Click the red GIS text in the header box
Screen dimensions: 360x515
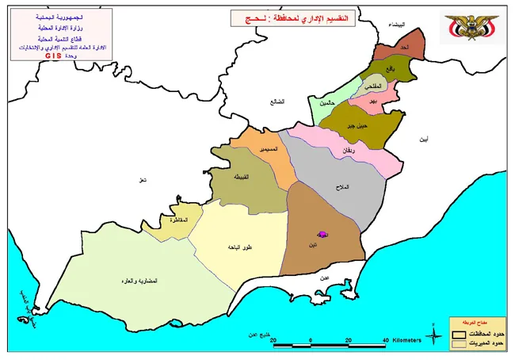click(x=53, y=56)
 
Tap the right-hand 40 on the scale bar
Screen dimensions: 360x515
click(x=385, y=341)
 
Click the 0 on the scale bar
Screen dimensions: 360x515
click(x=311, y=341)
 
